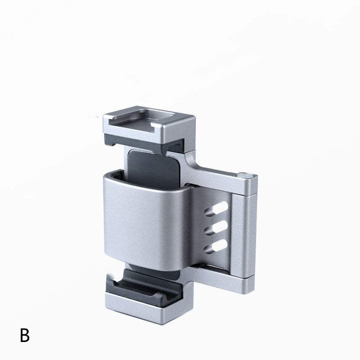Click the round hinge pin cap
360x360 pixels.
pos(244,175)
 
